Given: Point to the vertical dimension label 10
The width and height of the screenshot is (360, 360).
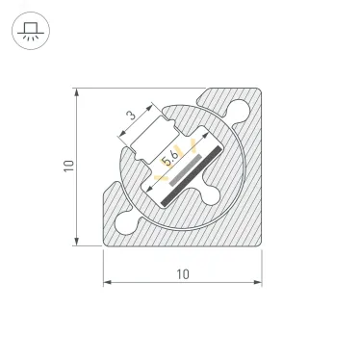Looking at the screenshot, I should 67,167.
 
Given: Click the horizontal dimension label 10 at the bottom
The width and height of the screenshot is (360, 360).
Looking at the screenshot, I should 182,273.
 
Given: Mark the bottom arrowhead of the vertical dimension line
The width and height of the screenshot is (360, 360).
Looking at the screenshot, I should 76,241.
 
